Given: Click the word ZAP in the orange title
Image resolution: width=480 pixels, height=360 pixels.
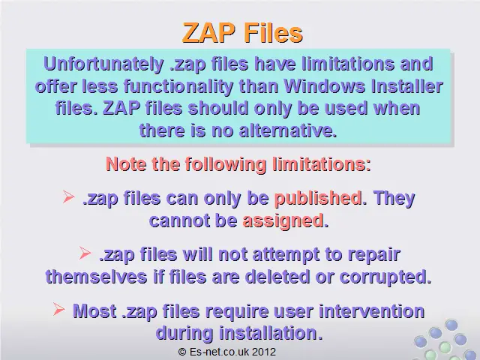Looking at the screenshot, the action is pos(209,33).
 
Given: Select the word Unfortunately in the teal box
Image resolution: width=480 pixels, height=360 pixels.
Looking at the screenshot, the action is pos(103,64).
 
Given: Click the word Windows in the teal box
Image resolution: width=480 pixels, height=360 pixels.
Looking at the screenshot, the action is pos(324,86).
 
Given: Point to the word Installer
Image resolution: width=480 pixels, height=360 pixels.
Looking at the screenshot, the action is pos(406,86).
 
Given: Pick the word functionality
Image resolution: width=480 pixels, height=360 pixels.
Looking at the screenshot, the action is pos(178,87).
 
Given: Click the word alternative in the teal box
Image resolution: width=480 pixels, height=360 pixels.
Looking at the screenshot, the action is pos(288,130).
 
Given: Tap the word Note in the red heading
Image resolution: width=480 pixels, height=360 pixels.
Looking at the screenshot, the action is pos(126,164).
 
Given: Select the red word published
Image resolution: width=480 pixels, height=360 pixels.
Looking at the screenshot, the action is pos(318,199).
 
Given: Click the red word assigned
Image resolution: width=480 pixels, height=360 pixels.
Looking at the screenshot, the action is pos(283,221).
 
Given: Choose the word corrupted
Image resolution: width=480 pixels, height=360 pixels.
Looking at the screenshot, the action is pos(383,277).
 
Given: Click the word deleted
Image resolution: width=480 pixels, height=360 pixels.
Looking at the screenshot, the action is pos(277,277).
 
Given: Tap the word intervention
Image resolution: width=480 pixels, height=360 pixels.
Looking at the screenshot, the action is pos(372,312).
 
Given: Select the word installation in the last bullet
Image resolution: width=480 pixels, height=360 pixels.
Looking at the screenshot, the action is pos(268,333).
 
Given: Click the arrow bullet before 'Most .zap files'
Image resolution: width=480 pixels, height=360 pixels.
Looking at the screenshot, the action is pos(58,309).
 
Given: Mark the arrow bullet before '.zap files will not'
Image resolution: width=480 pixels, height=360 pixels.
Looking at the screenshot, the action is pos(85,253).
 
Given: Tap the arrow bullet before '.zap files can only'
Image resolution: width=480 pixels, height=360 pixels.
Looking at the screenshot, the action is pos(68,196).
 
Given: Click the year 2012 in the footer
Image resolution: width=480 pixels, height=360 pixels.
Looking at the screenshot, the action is pos(265,352).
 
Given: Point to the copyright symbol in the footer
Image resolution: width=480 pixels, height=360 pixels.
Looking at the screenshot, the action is pos(182,352).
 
